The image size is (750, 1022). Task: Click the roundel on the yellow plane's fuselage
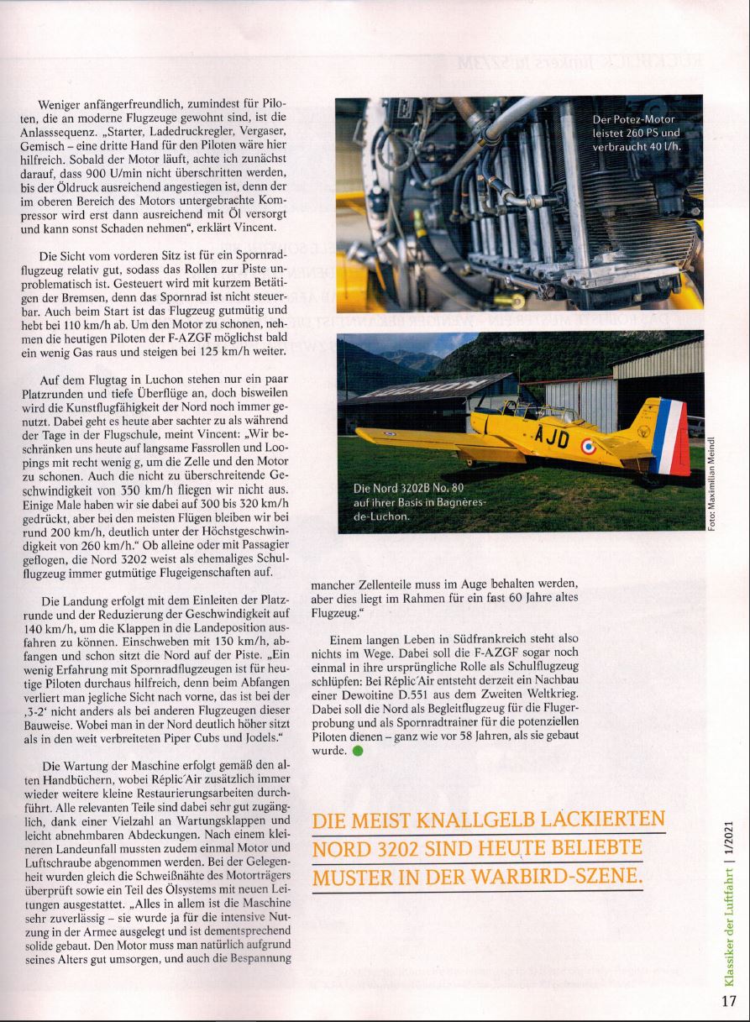[588, 448]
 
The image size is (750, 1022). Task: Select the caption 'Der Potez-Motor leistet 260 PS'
[636, 134]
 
